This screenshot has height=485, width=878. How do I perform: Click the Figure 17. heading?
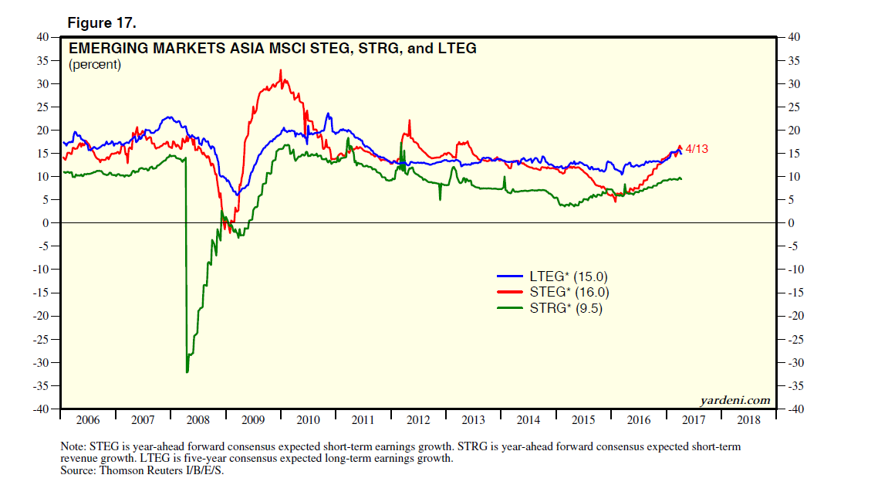pos(102,22)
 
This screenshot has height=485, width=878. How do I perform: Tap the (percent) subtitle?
pos(95,65)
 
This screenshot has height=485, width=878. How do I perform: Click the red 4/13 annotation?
pos(696,148)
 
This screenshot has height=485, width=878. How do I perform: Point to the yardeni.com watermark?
pos(734,399)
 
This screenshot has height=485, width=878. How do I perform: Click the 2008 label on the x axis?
pos(198,420)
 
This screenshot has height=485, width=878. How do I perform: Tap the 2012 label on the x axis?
pos(417,420)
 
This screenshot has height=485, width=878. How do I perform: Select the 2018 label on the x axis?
pos(748,420)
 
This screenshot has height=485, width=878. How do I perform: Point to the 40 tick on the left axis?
pos(43,36)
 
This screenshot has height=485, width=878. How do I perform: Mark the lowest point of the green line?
pos(187,372)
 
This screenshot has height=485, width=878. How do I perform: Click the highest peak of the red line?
pos(280,70)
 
